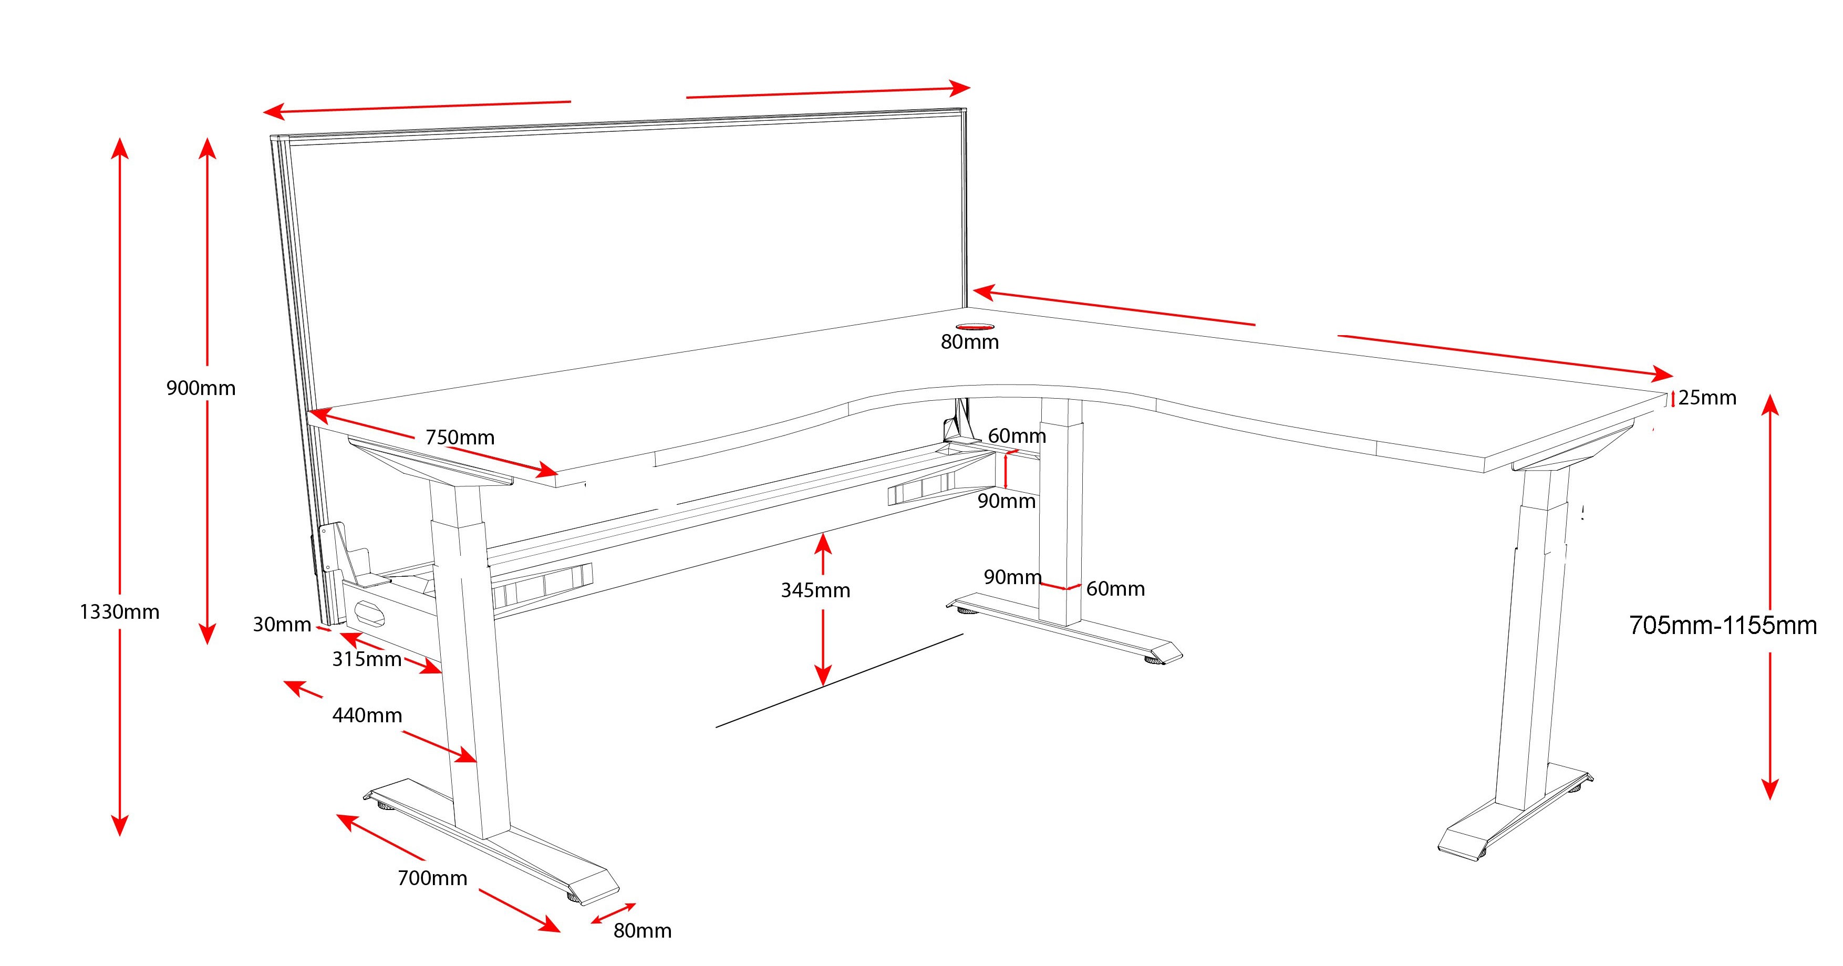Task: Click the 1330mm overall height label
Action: [119, 612]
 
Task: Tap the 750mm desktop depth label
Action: [460, 437]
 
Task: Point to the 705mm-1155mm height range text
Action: [1723, 626]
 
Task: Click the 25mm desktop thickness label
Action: [1707, 398]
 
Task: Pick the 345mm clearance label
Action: [815, 590]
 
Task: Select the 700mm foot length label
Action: [432, 878]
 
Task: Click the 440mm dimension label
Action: [367, 715]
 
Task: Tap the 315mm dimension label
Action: [367, 659]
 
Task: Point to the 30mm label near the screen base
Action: [282, 625]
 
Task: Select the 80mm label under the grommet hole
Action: [969, 342]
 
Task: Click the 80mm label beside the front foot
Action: [643, 930]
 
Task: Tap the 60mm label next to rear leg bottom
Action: [1115, 589]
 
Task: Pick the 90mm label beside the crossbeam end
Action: [1007, 501]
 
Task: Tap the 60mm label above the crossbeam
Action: [1017, 436]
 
